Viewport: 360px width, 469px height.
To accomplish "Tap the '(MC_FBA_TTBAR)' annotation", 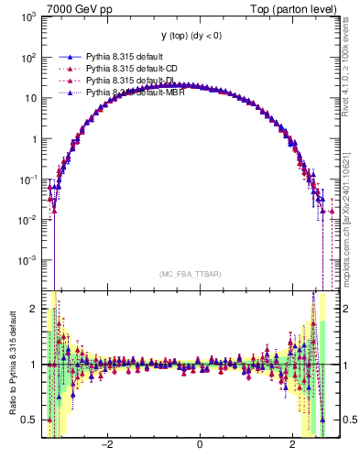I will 188,274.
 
